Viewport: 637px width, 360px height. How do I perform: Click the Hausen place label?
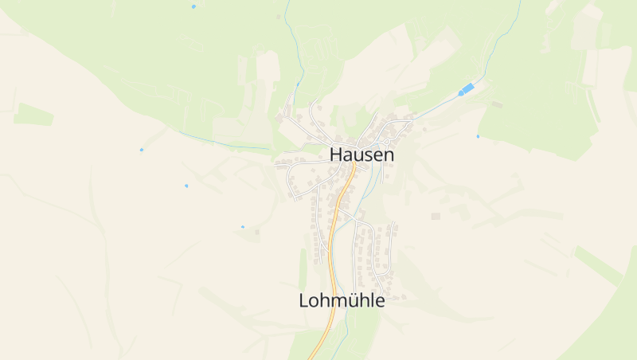coord(361,154)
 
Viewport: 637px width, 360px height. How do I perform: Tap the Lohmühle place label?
coord(342,300)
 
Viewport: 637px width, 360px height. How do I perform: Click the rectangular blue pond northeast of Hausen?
coord(469,88)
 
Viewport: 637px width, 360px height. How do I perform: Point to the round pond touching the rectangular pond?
coord(460,93)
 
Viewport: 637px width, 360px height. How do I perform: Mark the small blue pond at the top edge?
coord(193,6)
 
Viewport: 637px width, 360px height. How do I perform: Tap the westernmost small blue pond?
coord(142,150)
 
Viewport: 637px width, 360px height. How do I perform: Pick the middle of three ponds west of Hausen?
coord(186,186)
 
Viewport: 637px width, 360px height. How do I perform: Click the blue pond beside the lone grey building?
coord(243,227)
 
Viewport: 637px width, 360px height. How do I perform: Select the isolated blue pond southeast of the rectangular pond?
coord(478,136)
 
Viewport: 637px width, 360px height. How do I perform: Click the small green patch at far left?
coord(33,115)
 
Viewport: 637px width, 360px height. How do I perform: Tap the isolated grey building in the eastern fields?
coord(436,216)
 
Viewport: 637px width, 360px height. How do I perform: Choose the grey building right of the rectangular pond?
coord(497,104)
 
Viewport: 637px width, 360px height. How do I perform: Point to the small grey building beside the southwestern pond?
coord(257,232)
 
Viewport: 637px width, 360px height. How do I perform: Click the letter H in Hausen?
coord(336,154)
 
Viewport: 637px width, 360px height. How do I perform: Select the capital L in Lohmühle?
coord(303,300)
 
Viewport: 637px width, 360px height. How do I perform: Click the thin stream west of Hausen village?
coord(223,144)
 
